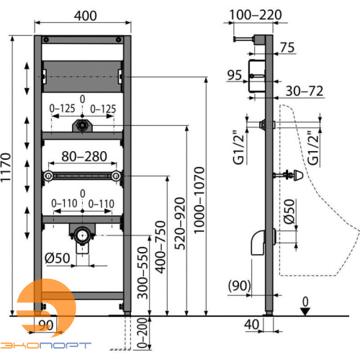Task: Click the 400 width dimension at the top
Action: pos(85,16)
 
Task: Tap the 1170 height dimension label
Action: pos(6,168)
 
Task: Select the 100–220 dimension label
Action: pos(256,15)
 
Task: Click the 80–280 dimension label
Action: pos(84,156)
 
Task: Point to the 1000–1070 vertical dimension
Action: pos(199,200)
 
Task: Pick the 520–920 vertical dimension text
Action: pos(180,223)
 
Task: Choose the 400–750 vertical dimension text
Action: pos(161,247)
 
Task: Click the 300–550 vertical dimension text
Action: pos(143,273)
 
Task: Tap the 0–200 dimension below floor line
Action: pos(142,333)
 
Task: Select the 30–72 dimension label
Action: pos(305,91)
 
